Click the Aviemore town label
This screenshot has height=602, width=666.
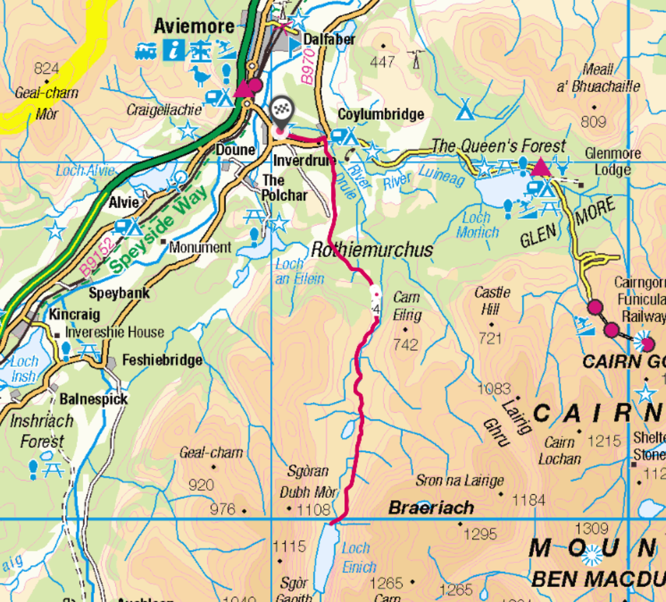[x=193, y=26]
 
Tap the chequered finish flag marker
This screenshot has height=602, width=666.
[x=280, y=110]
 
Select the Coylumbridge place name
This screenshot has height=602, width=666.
[x=380, y=114]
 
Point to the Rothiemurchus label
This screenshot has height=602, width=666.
[x=372, y=249]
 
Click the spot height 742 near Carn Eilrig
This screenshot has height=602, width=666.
[x=405, y=344]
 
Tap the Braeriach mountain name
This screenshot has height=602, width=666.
[x=431, y=508]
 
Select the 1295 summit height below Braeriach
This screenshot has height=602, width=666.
[x=480, y=533]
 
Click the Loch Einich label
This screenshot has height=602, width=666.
[x=358, y=557]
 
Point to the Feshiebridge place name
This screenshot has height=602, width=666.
[x=162, y=361]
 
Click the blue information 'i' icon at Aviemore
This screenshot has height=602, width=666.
[x=174, y=50]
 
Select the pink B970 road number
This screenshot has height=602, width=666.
[x=308, y=67]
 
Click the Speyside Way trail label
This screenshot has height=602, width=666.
[x=159, y=229]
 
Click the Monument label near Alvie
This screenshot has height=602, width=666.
[x=199, y=247]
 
